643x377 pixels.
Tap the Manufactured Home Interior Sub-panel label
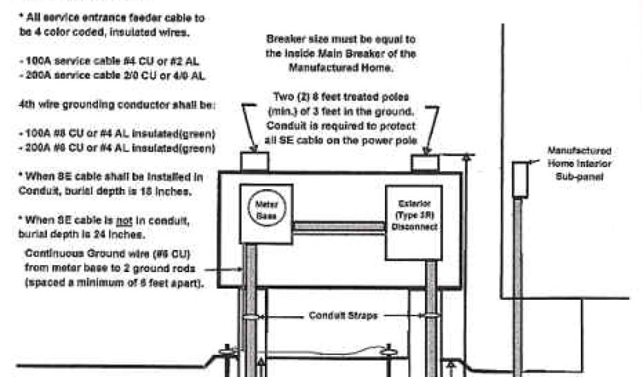[x=579, y=164]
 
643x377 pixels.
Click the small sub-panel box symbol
[x=520, y=180]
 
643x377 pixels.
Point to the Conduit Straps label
[x=343, y=315]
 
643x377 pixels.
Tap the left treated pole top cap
[x=254, y=161]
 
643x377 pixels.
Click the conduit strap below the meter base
[x=251, y=316]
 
